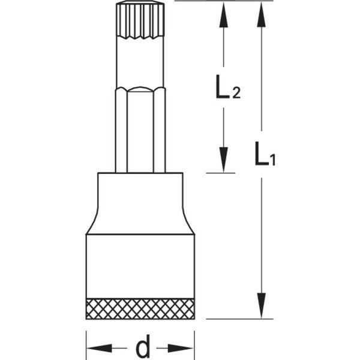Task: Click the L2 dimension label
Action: (x=228, y=87)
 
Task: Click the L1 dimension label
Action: (x=265, y=154)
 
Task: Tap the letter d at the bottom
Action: (x=143, y=347)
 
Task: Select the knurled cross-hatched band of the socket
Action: (x=140, y=309)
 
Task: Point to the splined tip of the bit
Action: (x=140, y=20)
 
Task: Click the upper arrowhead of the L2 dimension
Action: (x=223, y=15)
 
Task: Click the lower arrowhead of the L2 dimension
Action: (x=223, y=160)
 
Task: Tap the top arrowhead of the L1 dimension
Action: (x=261, y=15)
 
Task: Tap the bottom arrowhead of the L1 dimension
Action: (x=261, y=306)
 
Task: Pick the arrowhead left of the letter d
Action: (x=99, y=348)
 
